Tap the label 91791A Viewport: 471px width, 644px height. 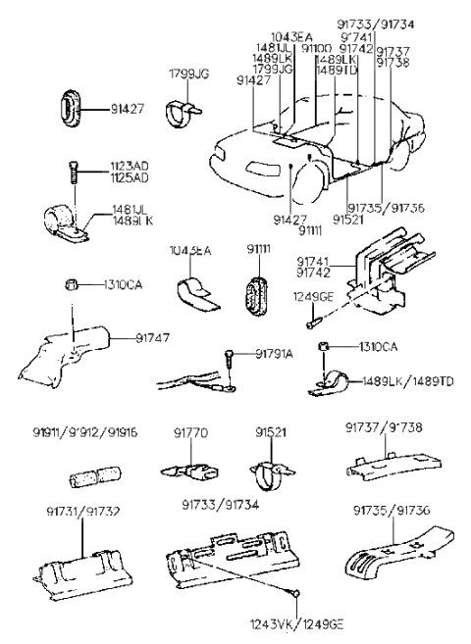pyautogui.click(x=275, y=353)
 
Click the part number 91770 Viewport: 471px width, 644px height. pyautogui.click(x=190, y=430)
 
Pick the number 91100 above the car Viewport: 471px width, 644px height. pyautogui.click(x=316, y=47)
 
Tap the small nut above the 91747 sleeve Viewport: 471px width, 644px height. pyautogui.click(x=71, y=285)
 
